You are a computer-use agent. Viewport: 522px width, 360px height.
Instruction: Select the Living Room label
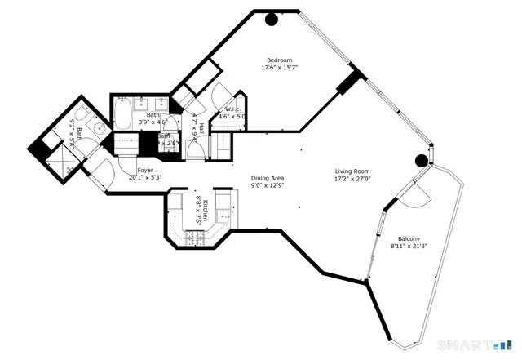pos(352,172)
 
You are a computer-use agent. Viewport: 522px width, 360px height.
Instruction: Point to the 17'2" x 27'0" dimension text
pos(352,180)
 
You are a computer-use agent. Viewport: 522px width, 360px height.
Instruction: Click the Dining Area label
pos(267,178)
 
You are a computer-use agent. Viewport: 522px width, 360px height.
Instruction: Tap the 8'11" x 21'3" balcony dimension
pos(409,246)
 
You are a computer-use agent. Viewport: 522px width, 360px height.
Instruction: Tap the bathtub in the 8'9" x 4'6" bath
pos(122,112)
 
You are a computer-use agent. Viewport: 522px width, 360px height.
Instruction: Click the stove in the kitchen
pos(196,237)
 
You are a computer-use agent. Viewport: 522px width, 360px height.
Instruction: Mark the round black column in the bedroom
pos(271,21)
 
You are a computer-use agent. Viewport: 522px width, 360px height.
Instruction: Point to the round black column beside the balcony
pos(422,160)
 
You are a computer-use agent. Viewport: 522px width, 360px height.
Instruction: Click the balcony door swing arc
pos(408,196)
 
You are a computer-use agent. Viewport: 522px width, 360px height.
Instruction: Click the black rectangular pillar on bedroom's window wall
pos(349,82)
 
